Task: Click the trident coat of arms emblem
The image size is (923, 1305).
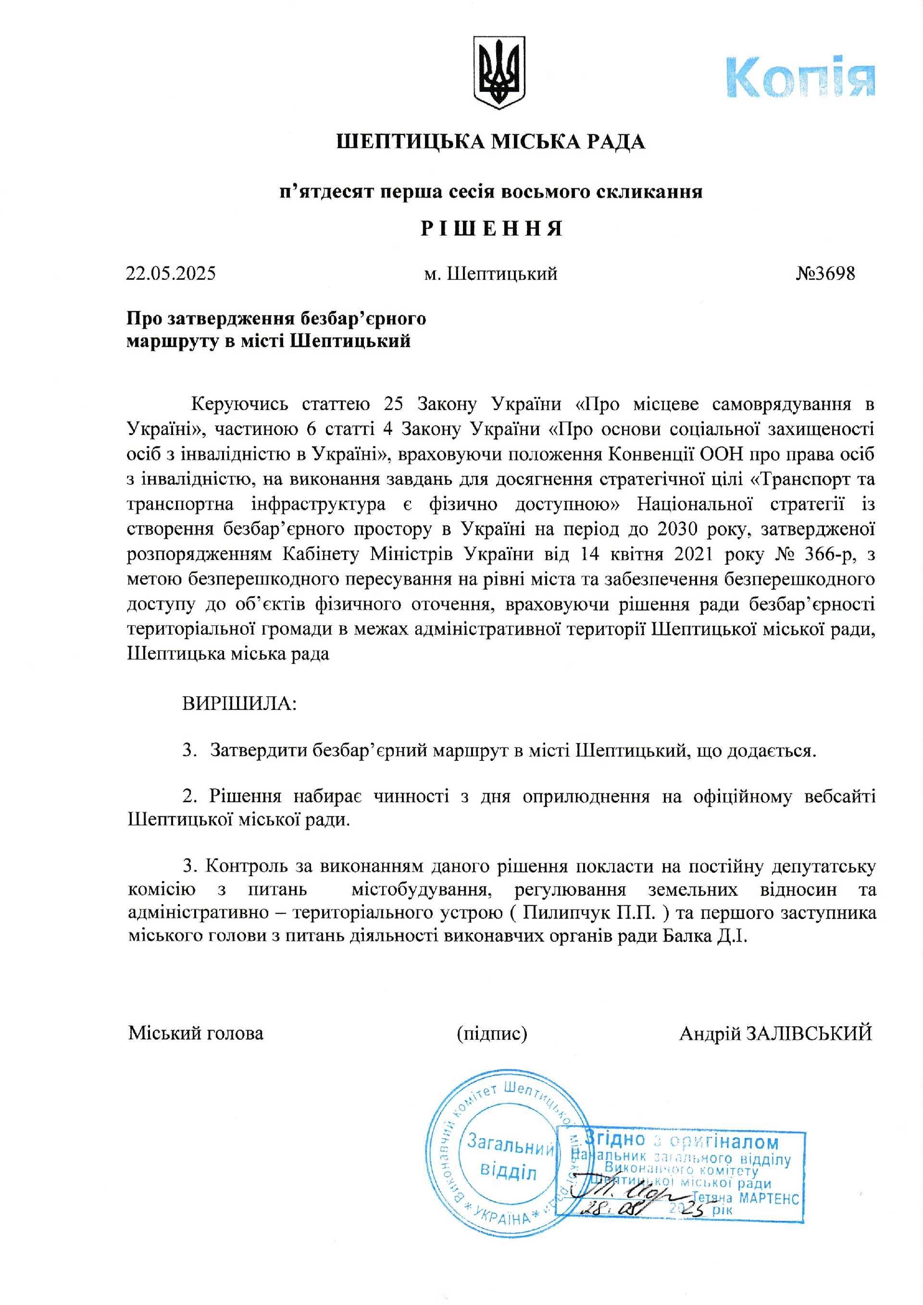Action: (x=499, y=72)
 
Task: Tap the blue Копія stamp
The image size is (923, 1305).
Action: (x=800, y=77)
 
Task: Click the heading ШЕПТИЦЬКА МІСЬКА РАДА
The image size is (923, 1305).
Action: (x=490, y=141)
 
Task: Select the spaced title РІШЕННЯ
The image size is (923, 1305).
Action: (x=492, y=228)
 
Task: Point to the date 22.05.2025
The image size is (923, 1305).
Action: (x=171, y=273)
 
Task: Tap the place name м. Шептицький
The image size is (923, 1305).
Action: (x=490, y=274)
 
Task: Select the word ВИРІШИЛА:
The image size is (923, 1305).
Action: (x=239, y=704)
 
